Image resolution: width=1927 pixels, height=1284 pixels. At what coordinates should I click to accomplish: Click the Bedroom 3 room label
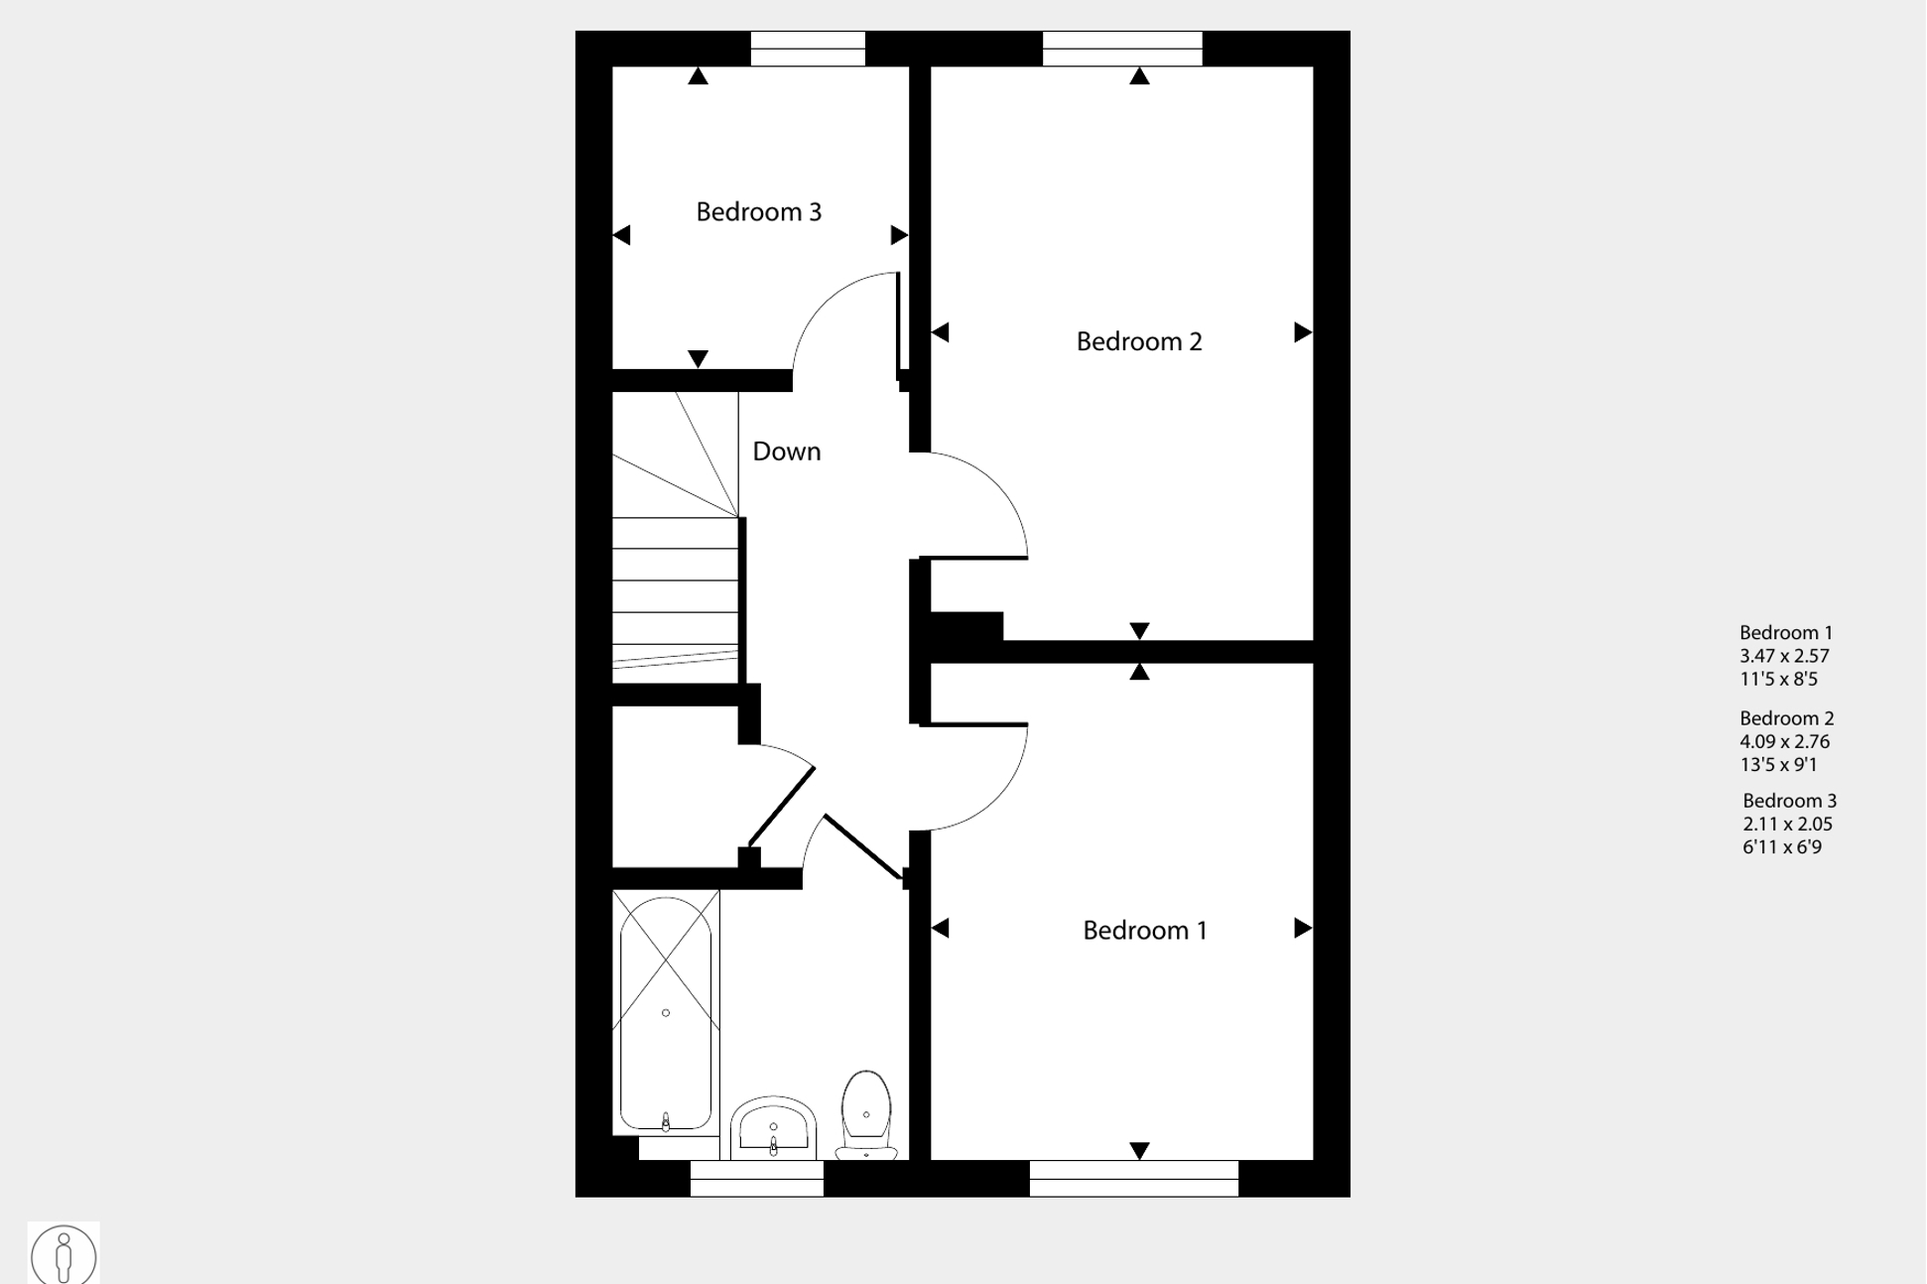(759, 211)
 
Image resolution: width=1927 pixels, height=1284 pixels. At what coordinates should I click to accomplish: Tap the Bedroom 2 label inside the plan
(1139, 341)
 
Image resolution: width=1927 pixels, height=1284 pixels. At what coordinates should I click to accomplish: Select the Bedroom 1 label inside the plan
(1145, 930)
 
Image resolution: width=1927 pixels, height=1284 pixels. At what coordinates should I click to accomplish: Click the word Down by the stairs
(787, 451)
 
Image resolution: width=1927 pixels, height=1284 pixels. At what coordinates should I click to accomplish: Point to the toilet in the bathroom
(866, 1114)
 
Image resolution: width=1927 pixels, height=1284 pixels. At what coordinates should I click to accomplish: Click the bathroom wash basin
(773, 1128)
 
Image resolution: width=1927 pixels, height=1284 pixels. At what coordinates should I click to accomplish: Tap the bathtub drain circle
(666, 1013)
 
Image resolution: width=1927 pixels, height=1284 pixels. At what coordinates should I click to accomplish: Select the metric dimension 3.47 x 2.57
(1784, 656)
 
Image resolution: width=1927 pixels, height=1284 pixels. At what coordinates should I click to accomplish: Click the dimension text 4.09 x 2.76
(1784, 741)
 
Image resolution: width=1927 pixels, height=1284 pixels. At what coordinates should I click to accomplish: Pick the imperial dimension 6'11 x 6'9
(1782, 847)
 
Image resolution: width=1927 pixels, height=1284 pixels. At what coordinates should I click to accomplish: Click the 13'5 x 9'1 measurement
(1778, 765)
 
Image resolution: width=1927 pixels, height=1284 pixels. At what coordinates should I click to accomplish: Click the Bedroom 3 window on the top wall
(808, 49)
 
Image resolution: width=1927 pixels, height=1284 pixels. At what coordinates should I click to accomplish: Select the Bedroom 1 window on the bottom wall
(1134, 1179)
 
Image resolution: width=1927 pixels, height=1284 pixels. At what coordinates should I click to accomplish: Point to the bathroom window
(757, 1179)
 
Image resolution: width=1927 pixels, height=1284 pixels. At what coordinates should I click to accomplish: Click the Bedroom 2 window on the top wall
(1122, 49)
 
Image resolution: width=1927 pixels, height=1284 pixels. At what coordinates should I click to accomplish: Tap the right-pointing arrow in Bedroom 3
(899, 235)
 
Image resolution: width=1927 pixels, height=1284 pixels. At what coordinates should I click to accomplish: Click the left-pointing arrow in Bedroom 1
(941, 928)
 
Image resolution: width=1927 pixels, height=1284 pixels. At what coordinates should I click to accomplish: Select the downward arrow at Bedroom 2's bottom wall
(1139, 631)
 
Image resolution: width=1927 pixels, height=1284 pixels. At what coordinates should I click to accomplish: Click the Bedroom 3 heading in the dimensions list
(1790, 801)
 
